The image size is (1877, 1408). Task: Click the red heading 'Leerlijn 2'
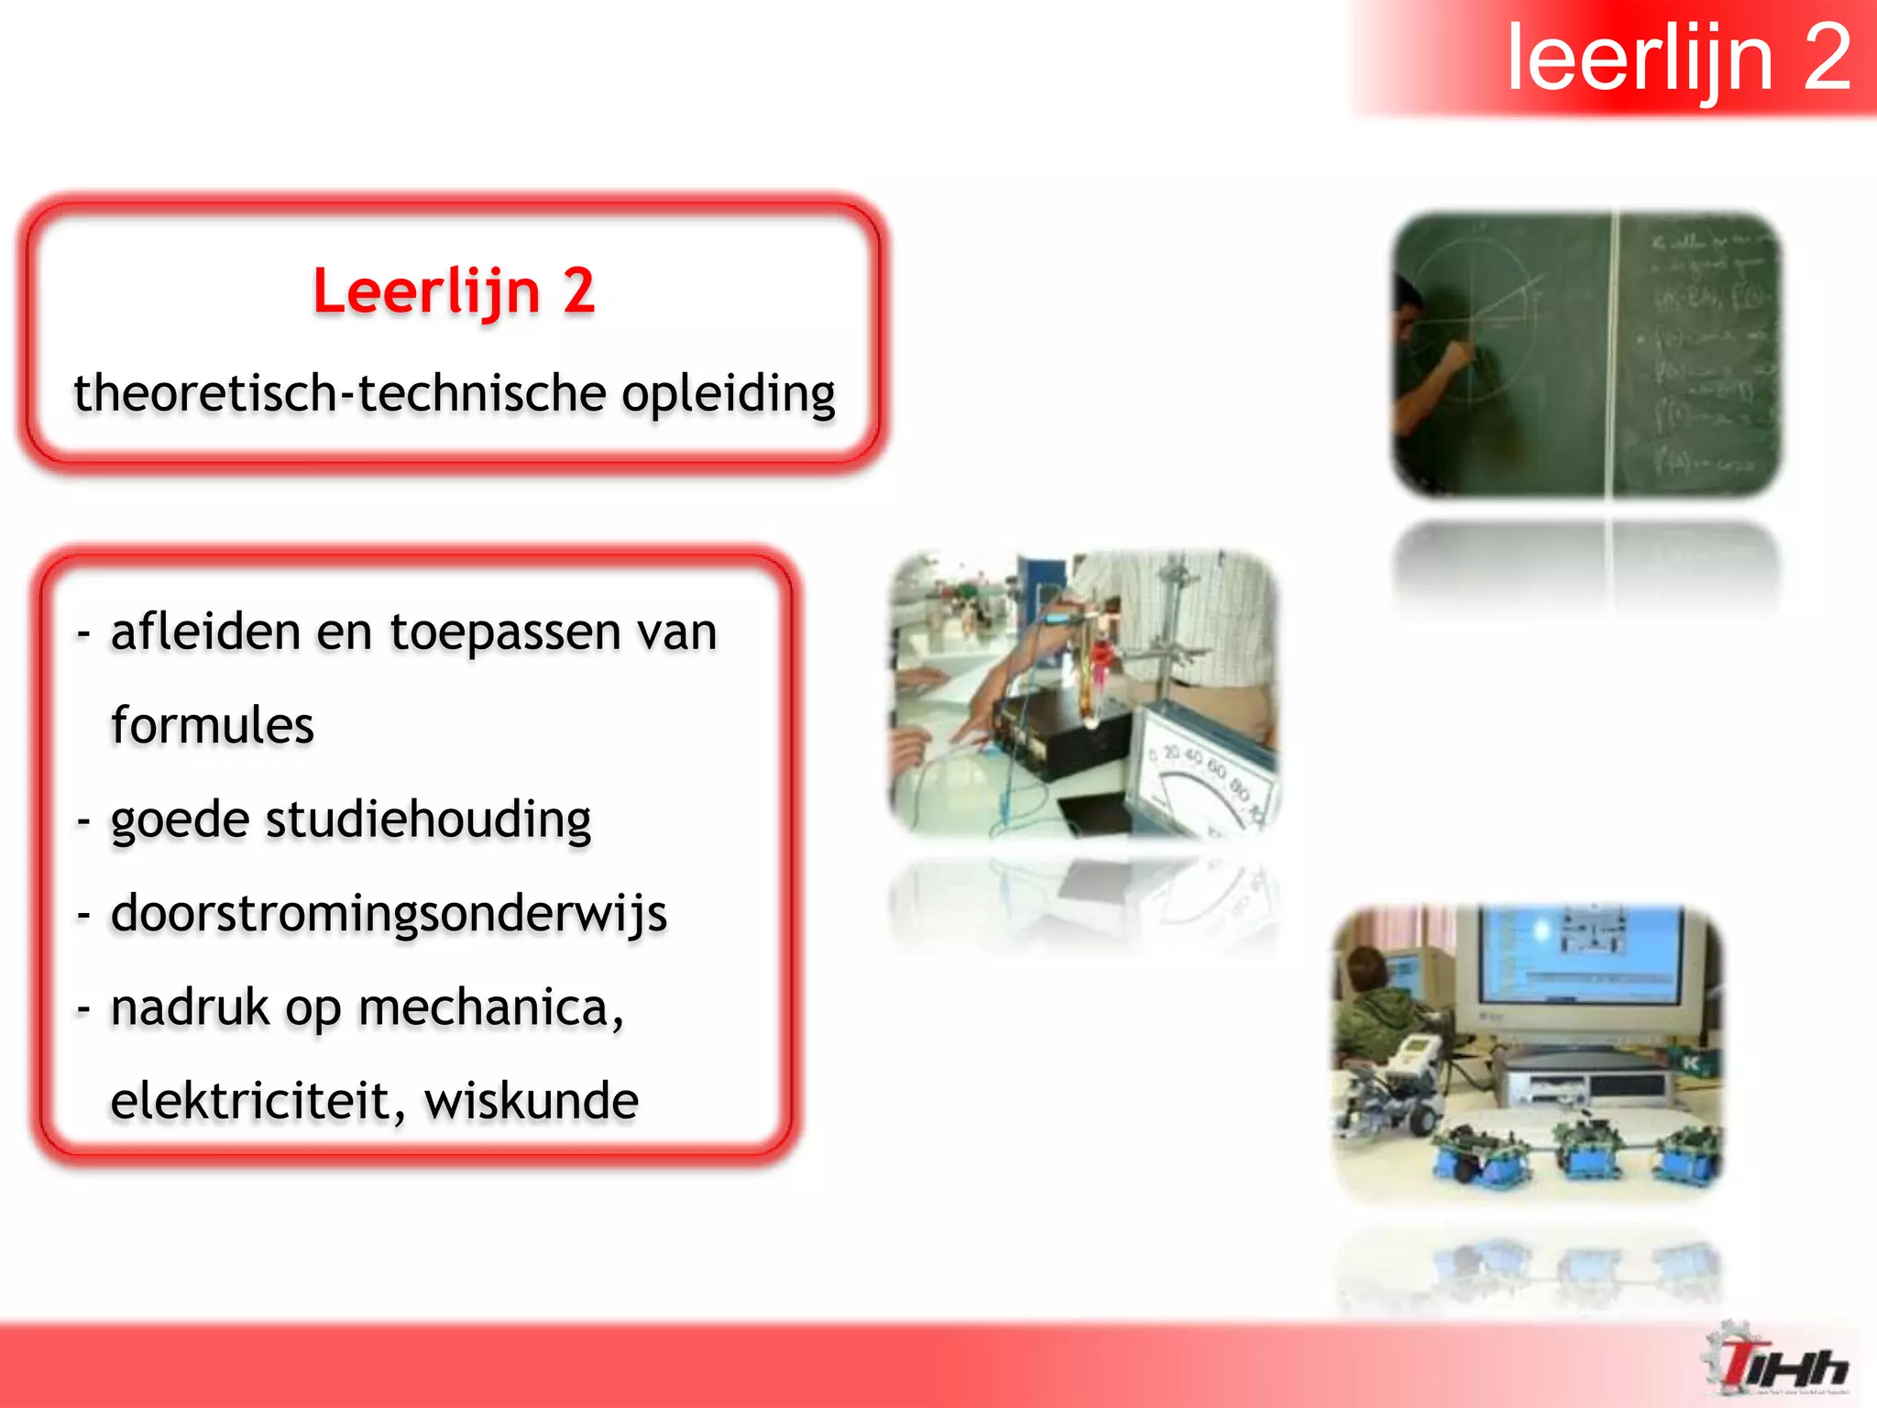coord(454,291)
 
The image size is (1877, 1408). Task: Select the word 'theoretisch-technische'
coord(339,394)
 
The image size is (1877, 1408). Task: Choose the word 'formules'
coord(212,726)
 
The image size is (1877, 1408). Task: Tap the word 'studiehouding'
coord(428,820)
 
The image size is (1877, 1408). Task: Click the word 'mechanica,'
coord(491,1008)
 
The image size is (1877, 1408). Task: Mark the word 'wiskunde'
coord(532,1101)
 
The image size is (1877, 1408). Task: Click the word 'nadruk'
coord(190,1007)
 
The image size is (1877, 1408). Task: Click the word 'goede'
coord(180,820)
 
